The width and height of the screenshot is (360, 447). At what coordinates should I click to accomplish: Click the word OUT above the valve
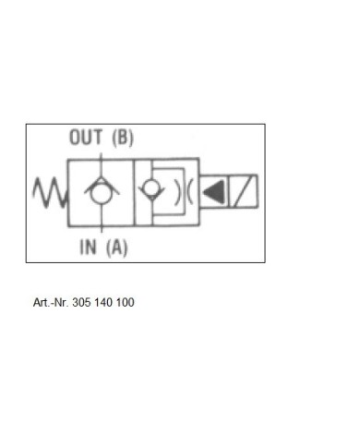(86, 137)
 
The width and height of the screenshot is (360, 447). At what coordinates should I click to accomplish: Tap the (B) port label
(123, 138)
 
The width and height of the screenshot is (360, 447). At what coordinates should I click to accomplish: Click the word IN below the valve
(88, 247)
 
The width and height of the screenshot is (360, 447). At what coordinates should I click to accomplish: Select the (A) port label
(116, 248)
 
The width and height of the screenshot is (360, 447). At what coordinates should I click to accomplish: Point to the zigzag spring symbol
(50, 192)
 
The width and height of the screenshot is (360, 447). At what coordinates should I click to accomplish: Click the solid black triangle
(214, 192)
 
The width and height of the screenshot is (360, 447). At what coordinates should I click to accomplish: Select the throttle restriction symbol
(184, 192)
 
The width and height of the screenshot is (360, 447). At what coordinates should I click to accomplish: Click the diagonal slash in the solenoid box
(243, 191)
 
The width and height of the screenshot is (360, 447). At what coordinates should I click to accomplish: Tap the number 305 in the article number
(81, 302)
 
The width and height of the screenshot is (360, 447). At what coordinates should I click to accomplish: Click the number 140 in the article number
(103, 302)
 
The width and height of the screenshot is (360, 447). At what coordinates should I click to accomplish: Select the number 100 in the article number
(125, 302)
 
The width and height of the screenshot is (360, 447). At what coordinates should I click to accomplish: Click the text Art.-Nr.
(51, 302)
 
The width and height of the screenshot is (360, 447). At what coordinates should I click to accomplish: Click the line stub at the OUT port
(102, 156)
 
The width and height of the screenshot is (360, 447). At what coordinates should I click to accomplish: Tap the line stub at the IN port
(102, 229)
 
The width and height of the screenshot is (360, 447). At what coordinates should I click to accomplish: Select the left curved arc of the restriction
(177, 192)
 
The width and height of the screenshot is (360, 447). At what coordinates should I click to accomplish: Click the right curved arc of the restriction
(189, 192)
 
